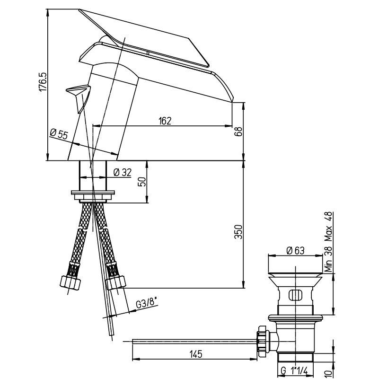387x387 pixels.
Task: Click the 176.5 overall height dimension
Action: [43, 82]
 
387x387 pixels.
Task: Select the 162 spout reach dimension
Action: [165, 121]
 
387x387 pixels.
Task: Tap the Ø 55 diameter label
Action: [59, 134]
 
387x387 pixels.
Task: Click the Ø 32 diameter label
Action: [123, 172]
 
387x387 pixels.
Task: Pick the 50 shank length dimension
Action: [142, 182]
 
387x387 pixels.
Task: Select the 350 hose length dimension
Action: [238, 232]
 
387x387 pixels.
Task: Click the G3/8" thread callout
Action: [147, 304]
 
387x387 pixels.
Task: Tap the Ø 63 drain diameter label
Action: [295, 251]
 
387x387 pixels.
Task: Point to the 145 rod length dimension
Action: [196, 354]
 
